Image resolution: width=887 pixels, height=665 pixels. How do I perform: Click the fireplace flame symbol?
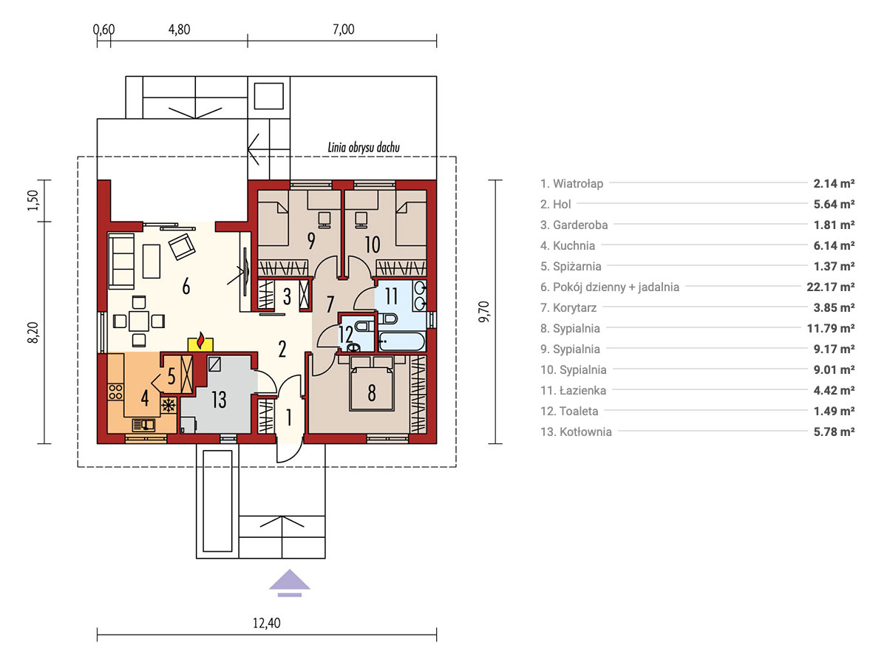[x=200, y=341]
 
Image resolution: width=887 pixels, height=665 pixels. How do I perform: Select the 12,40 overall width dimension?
[x=266, y=623]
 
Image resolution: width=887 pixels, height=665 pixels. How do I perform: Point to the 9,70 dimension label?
[x=483, y=311]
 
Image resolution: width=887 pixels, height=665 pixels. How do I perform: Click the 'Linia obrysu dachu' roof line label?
[x=364, y=147]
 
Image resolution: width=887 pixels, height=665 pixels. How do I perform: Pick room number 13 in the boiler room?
[x=219, y=399]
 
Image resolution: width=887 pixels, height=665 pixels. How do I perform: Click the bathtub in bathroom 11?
[x=401, y=341]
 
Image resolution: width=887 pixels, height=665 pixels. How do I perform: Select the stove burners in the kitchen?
[x=115, y=392]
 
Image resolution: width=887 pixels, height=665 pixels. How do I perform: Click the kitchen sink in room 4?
[x=144, y=425]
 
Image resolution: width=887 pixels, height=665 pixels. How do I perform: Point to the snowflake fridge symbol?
[x=168, y=405]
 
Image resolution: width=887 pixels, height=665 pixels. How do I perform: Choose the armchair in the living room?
[x=182, y=246]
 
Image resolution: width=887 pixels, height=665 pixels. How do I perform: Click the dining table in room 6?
[x=139, y=321]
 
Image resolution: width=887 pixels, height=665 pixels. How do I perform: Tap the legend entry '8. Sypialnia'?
[x=570, y=329]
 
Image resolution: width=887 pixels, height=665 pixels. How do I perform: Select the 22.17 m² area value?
[x=830, y=287]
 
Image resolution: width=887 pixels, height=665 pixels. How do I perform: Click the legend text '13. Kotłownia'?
[x=576, y=432]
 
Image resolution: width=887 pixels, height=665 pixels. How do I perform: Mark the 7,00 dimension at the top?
[x=344, y=30]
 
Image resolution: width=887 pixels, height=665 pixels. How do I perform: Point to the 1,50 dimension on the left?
[x=33, y=200]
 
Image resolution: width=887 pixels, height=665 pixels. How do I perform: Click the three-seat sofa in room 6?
[x=120, y=261]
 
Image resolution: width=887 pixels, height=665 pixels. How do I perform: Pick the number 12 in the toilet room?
[x=346, y=334]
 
